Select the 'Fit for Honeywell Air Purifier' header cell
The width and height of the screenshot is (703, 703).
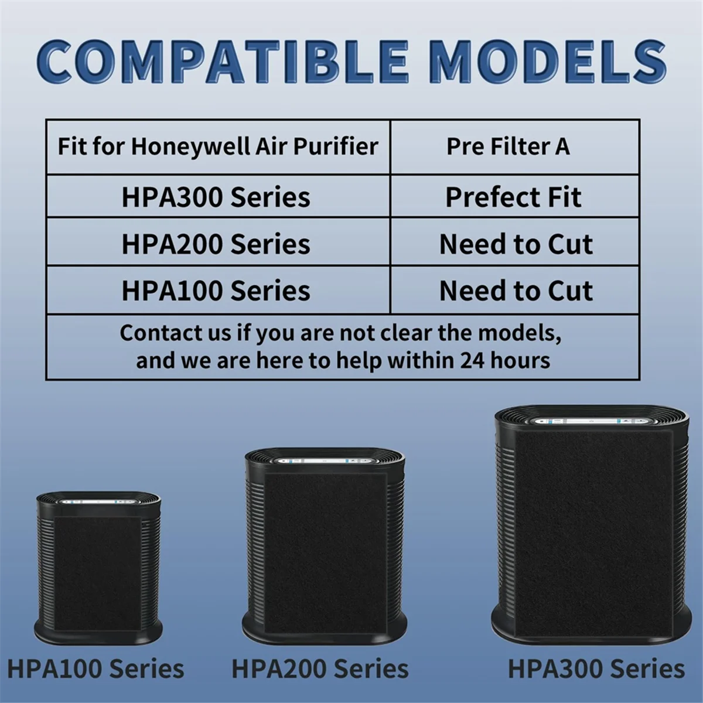point(218,146)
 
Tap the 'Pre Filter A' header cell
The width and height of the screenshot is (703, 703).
point(508,146)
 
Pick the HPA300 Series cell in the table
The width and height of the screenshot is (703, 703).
point(216,197)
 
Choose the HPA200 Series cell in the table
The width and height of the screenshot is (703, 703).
point(216,244)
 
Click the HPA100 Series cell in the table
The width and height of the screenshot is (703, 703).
point(216,291)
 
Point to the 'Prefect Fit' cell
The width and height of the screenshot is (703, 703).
point(513,197)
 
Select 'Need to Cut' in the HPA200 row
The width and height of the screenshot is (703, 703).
point(516,244)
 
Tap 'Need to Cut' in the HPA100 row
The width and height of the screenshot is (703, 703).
point(516,291)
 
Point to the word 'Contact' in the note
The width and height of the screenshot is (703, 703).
point(155,333)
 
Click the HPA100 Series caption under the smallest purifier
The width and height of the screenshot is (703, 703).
point(95,668)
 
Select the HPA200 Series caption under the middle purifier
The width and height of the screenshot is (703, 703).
point(320,668)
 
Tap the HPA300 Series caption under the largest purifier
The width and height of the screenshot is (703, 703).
point(596,668)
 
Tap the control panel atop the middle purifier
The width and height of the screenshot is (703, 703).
point(325,461)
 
